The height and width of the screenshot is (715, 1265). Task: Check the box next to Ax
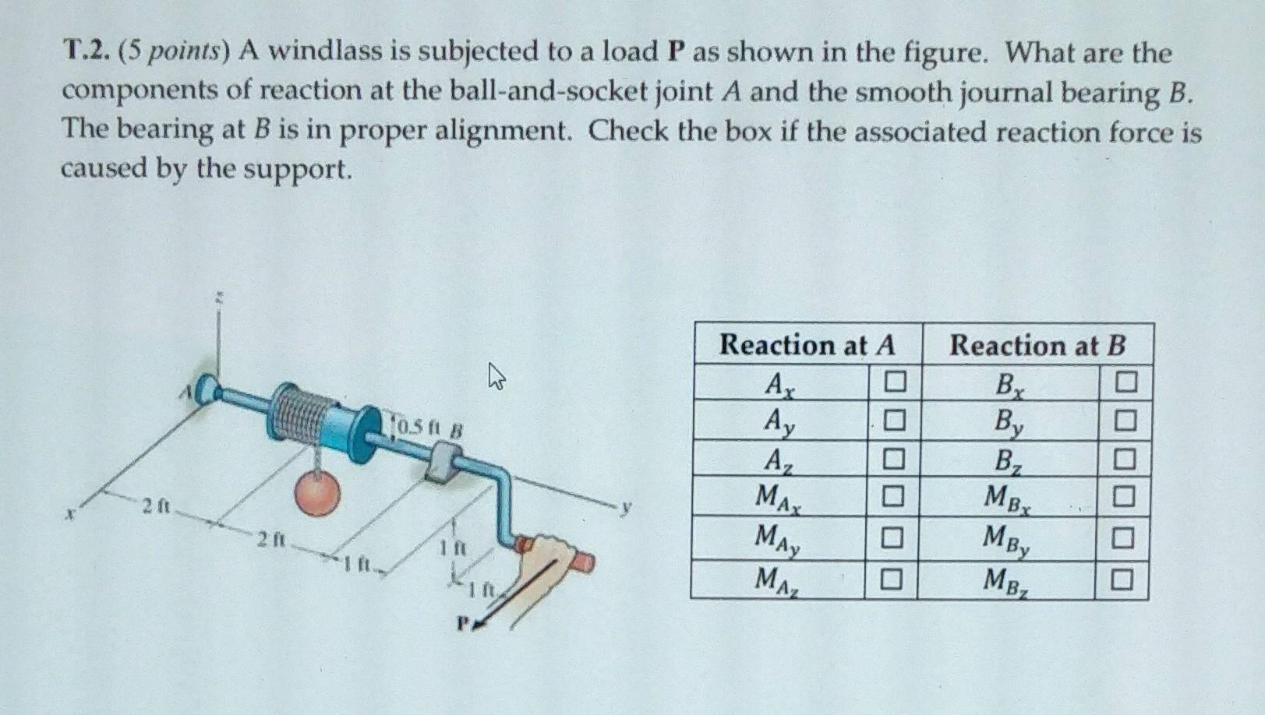895,382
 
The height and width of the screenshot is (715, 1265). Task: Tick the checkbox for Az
894,459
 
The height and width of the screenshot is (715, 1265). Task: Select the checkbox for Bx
1125,382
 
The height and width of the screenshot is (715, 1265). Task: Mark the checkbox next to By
1125,421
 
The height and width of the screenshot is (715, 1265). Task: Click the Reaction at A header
807,344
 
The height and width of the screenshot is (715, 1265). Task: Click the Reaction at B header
1037,345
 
